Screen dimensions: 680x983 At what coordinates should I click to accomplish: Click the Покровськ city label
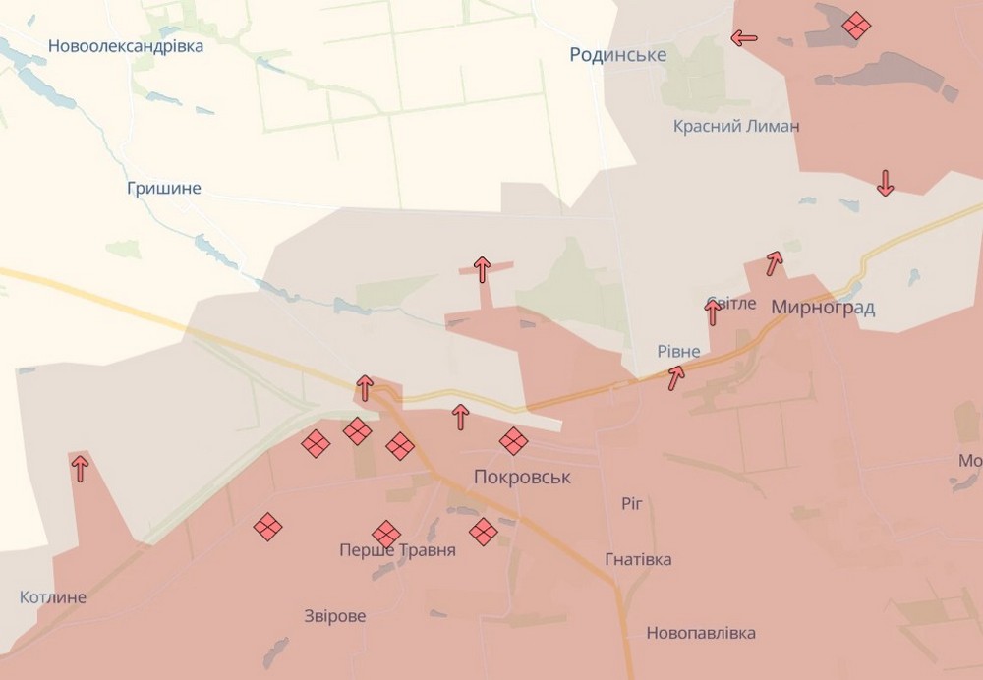click(x=522, y=477)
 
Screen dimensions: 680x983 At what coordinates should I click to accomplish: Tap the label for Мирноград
click(x=823, y=308)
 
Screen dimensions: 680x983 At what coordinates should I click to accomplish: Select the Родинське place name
click(x=618, y=55)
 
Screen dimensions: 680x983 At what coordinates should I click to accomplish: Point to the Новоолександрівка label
click(x=126, y=46)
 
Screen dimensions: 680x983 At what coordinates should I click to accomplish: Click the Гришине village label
click(x=164, y=188)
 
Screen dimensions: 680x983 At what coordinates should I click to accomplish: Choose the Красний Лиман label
click(x=736, y=126)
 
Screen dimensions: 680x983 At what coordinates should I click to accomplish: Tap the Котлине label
click(x=53, y=597)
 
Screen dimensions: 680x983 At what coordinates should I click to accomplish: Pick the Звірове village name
click(x=335, y=616)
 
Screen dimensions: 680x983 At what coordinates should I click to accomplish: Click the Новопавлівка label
click(x=701, y=633)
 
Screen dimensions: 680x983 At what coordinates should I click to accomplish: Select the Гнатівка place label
click(x=639, y=559)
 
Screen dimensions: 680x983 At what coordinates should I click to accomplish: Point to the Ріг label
click(x=632, y=503)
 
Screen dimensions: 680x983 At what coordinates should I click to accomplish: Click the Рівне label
click(x=679, y=352)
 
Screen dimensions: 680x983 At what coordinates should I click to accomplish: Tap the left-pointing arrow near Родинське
click(x=744, y=38)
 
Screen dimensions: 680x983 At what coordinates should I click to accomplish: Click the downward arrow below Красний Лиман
click(x=885, y=183)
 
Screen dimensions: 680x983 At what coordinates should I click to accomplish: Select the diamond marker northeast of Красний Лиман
click(x=856, y=26)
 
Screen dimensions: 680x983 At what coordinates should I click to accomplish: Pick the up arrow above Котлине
click(x=80, y=467)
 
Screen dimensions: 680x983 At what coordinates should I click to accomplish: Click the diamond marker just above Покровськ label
click(x=513, y=441)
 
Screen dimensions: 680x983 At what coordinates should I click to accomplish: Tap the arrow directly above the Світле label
click(x=713, y=312)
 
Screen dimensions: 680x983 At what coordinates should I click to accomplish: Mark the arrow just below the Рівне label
click(x=676, y=377)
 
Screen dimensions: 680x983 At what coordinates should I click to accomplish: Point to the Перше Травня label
click(x=397, y=550)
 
